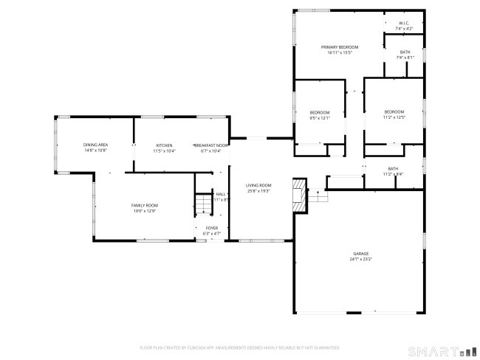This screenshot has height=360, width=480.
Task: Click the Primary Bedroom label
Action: [x=340, y=46]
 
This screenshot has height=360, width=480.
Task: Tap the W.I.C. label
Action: [x=404, y=24]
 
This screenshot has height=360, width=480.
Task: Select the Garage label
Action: [x=360, y=254]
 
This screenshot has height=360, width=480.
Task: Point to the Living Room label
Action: [x=258, y=185]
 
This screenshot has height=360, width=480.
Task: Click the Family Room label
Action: [x=145, y=205]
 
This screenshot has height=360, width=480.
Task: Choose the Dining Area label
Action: [x=96, y=145]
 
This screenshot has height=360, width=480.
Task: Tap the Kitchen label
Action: [x=164, y=145]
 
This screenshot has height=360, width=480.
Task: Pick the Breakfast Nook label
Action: [x=210, y=145]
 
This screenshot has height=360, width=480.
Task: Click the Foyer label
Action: [x=211, y=228]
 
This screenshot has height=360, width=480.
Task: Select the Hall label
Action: [x=220, y=194]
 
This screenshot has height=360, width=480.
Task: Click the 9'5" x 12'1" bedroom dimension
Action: [x=320, y=117]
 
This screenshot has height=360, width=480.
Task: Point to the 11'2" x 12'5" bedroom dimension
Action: [x=394, y=117]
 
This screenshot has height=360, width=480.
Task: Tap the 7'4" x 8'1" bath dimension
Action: [x=405, y=57]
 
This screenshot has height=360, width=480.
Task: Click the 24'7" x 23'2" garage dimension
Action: [x=360, y=259]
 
